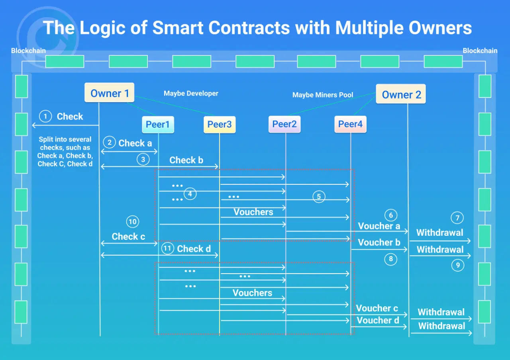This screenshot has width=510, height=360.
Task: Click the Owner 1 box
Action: coord(110,93)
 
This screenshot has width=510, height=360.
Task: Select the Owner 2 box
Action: coord(401,94)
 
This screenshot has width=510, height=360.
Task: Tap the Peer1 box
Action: coord(158,125)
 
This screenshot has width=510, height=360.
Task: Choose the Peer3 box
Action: coord(220,125)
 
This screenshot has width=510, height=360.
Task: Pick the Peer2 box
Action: coord(284,124)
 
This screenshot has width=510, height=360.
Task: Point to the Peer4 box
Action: coord(350,124)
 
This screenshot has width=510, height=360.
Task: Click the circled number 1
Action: coord(46,116)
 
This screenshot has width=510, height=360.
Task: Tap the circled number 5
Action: coord(319,196)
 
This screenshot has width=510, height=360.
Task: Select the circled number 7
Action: coord(457,218)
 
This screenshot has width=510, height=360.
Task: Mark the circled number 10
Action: coord(132,221)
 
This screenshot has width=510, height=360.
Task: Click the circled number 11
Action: coord(168,249)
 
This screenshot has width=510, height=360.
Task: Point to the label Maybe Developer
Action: coord(191,94)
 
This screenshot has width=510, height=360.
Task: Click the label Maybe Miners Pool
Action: coord(323,95)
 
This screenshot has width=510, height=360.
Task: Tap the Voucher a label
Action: coord(379,226)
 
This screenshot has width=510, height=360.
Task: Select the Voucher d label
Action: coord(378,321)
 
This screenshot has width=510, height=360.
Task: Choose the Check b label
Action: coord(186,160)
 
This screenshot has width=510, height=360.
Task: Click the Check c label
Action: coord(128,237)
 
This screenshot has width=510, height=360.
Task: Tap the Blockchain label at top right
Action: coord(480,51)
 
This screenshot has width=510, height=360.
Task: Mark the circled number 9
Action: coord(457,265)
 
